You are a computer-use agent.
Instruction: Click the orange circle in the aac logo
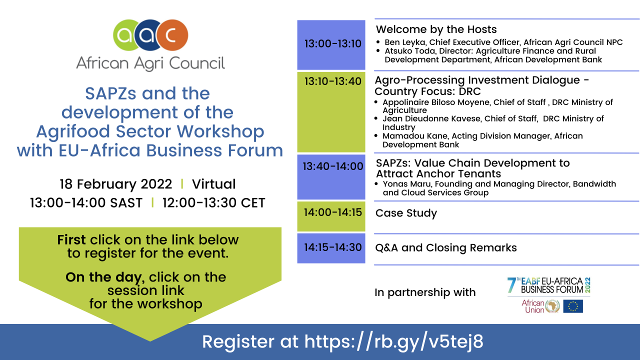click(173, 35)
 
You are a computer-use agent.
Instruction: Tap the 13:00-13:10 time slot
click(331, 45)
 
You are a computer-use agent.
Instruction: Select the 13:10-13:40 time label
click(333, 81)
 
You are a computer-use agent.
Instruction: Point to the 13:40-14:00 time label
click(333, 166)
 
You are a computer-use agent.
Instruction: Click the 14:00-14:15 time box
click(331, 216)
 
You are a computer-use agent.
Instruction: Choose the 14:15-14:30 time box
click(331, 248)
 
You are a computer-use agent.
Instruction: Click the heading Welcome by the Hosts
click(436, 29)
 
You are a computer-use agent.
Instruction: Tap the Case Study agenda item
click(406, 213)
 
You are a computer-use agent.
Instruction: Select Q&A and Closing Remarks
click(446, 247)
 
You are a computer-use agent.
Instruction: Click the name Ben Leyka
click(405, 42)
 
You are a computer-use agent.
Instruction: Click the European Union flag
click(573, 306)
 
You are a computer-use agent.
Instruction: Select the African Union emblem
click(552, 306)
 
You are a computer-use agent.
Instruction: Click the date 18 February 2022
click(115, 184)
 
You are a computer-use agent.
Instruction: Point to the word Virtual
click(213, 184)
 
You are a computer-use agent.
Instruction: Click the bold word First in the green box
click(71, 239)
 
